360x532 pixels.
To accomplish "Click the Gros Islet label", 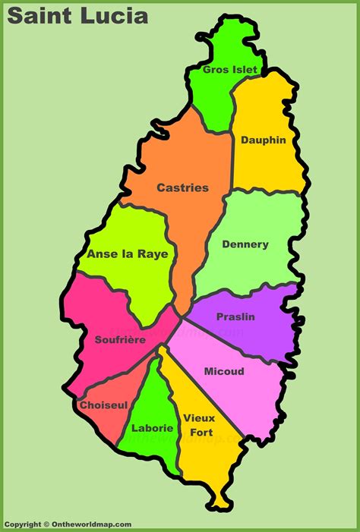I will (x=230, y=70).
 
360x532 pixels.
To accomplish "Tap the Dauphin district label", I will (x=264, y=140).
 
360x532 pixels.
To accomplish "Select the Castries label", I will (x=182, y=187).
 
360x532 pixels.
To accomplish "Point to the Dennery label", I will (x=245, y=244).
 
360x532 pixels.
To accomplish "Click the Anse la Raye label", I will (x=128, y=254).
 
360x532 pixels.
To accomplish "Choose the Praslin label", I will (x=235, y=316).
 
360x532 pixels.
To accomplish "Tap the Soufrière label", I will (x=120, y=340).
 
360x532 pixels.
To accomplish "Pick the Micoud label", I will (x=224, y=372).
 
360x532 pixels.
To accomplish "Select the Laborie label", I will (x=152, y=428).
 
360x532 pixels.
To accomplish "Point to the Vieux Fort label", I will (x=199, y=425).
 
